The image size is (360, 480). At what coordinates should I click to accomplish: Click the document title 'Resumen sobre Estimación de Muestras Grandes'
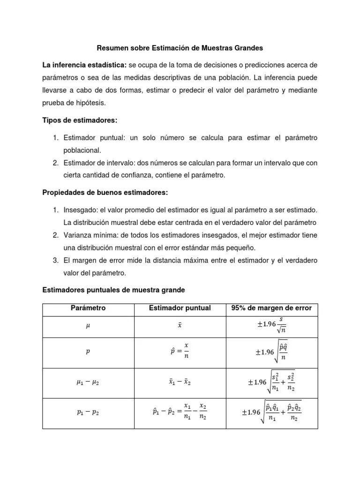coord(180,48)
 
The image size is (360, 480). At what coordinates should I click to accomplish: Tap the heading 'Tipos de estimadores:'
coord(79,120)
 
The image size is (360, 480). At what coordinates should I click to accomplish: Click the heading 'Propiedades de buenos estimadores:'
coord(105,193)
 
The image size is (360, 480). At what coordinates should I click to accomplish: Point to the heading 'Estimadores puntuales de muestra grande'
coord(113,290)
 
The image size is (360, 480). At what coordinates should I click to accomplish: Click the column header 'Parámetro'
coord(88,308)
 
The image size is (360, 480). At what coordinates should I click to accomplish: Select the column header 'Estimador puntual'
coord(180,308)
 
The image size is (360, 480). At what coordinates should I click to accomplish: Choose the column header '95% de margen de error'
coord(271,308)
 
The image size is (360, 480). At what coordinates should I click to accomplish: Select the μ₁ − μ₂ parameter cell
coord(88,382)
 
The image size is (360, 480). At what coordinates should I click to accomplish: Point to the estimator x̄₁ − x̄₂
coord(180,382)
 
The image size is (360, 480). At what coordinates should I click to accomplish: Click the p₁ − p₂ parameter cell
coord(88,412)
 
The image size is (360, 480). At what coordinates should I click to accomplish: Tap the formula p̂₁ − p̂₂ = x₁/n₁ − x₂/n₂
coord(180,412)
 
